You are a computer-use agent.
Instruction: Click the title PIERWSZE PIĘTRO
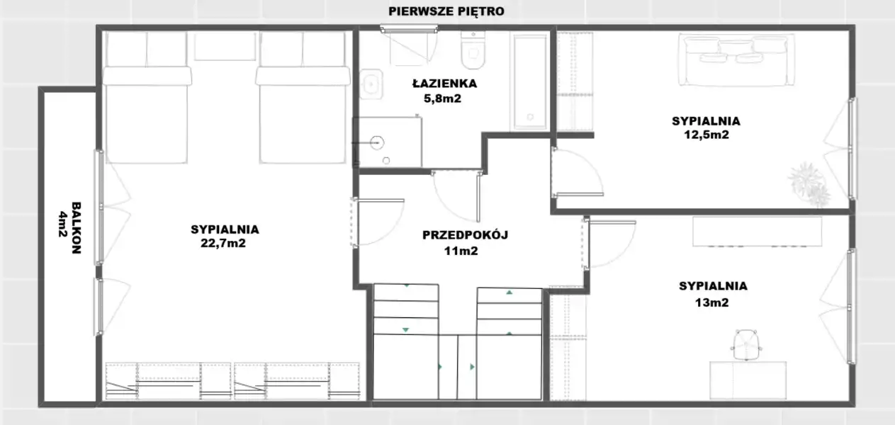[x=446, y=11]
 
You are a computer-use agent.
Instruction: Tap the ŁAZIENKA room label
[x=444, y=84]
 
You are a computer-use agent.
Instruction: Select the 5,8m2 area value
[x=442, y=98]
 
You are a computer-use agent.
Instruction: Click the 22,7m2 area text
[x=223, y=243]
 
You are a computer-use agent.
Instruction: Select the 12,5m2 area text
[x=707, y=135]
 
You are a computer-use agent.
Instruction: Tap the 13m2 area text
[x=711, y=302]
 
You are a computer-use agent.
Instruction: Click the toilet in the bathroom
[x=473, y=50]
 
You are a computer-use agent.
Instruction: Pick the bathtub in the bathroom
[x=530, y=82]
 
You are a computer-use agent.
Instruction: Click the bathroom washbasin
[x=371, y=84]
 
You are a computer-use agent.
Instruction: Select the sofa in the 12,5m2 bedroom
[x=736, y=60]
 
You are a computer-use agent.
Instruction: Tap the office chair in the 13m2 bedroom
[x=746, y=345]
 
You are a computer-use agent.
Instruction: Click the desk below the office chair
[x=748, y=380]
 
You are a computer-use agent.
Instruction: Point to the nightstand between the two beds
[x=225, y=47]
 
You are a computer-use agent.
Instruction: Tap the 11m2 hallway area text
[x=461, y=251]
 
